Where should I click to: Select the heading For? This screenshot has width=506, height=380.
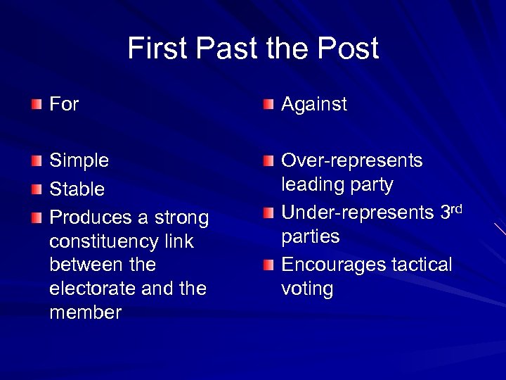tap(64, 105)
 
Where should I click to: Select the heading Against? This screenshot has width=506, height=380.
tap(314, 105)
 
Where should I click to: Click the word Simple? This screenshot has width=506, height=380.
tap(79, 160)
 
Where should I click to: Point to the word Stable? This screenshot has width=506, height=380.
tap(77, 189)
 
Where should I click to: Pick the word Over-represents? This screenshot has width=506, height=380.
tap(352, 160)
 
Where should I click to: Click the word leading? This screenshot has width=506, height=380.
tap(312, 185)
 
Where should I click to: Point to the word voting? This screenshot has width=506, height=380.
tap(307, 289)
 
